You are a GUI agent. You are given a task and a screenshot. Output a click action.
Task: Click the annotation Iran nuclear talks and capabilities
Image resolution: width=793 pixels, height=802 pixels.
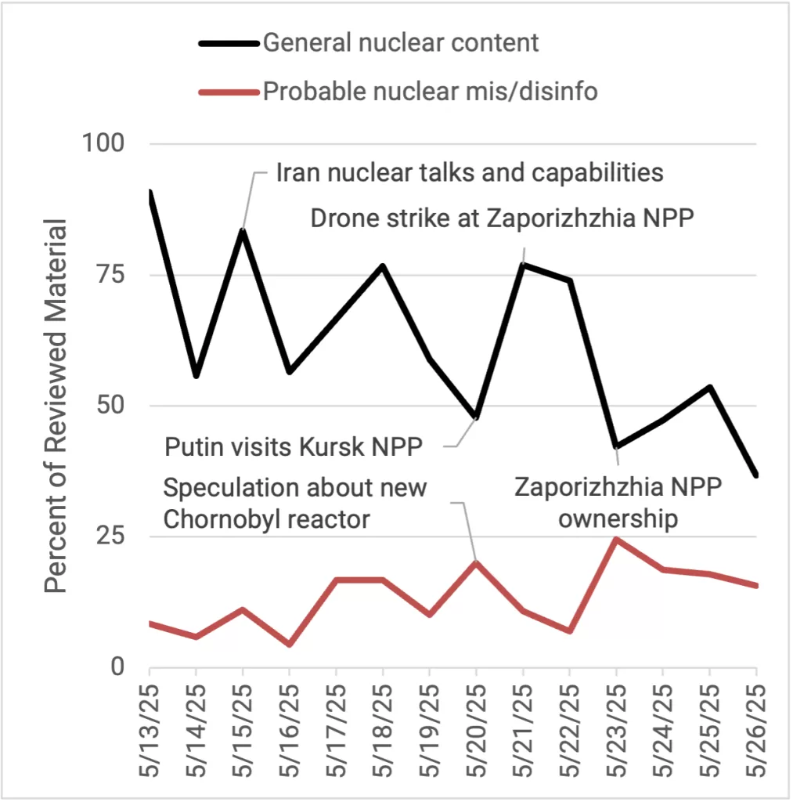tap(470, 172)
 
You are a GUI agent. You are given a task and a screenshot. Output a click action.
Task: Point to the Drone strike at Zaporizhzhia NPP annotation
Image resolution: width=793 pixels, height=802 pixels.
tap(502, 218)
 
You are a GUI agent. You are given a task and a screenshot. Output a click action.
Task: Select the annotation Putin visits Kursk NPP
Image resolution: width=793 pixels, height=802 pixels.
tap(294, 447)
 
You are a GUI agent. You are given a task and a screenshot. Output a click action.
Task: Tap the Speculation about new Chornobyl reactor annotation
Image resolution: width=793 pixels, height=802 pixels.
tap(295, 503)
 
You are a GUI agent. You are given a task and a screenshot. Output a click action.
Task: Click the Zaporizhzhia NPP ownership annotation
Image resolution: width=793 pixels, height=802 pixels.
tap(618, 503)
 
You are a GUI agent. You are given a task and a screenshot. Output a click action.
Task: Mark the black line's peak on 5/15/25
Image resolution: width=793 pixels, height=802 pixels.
tap(243, 230)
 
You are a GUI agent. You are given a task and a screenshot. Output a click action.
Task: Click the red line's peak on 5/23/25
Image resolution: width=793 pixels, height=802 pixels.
tap(616, 539)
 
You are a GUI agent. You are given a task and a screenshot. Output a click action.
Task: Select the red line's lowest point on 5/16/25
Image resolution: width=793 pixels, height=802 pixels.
tap(290, 645)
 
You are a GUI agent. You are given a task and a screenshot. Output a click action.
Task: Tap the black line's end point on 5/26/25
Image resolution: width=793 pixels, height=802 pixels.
tap(755, 475)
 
